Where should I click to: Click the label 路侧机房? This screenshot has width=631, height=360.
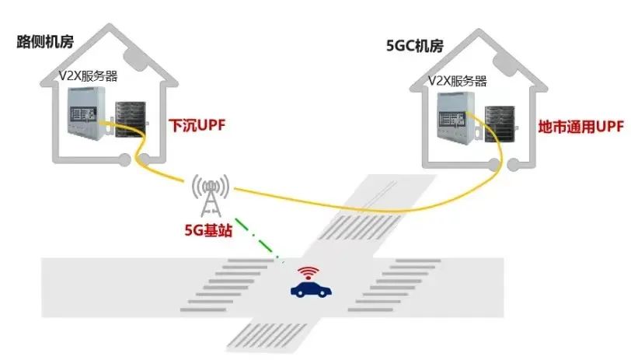[45, 41]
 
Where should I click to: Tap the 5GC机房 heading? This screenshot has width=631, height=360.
[415, 46]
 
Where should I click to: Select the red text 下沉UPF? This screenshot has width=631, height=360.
[197, 126]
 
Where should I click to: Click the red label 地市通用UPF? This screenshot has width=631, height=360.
[581, 127]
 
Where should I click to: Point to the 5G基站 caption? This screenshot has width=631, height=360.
[208, 230]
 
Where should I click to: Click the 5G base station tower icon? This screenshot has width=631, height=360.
[211, 195]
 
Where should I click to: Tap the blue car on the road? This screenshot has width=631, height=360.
[311, 289]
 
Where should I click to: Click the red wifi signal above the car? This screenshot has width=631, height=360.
[309, 273]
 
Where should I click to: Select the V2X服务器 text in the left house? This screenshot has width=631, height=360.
[88, 76]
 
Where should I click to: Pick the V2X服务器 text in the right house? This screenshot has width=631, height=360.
[457, 82]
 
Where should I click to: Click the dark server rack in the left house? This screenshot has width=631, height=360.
[131, 119]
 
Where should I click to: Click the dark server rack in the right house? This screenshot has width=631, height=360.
[500, 124]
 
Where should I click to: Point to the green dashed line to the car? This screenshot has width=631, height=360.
[256, 239]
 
